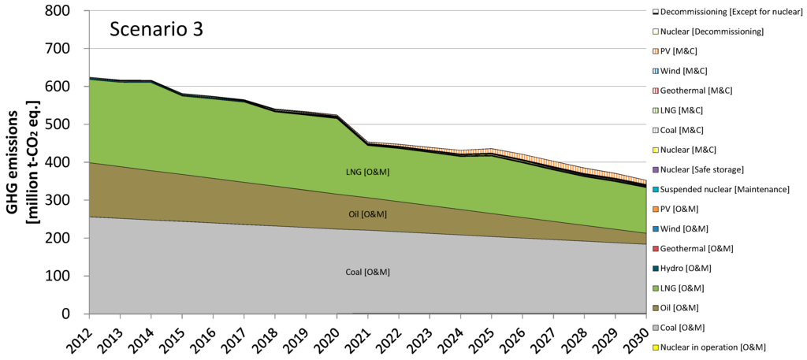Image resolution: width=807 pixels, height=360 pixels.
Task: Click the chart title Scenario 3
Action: pyautogui.click(x=157, y=29)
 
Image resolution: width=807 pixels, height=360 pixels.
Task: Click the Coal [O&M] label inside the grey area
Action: pyautogui.click(x=368, y=272)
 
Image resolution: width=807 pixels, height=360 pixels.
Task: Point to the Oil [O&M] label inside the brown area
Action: pyautogui.click(x=368, y=213)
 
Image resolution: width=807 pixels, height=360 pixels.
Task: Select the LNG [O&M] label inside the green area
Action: pyautogui.click(x=368, y=172)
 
